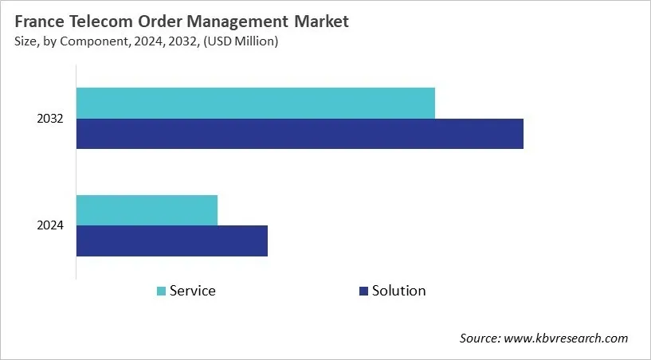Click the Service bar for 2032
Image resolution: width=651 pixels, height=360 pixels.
click(x=256, y=104)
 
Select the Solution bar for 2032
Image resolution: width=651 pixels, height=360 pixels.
click(x=300, y=134)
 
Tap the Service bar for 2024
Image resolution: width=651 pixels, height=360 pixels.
click(x=147, y=209)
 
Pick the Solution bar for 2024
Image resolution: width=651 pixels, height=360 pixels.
click(x=172, y=241)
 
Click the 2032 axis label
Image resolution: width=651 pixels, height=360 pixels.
click(x=50, y=119)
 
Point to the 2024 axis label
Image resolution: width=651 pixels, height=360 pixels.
click(x=50, y=225)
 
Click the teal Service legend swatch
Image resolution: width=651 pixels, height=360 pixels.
click(x=161, y=292)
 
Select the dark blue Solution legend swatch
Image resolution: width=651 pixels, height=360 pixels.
click(x=363, y=292)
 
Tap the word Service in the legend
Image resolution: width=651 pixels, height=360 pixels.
click(x=193, y=291)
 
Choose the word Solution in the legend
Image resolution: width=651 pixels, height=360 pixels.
click(x=398, y=291)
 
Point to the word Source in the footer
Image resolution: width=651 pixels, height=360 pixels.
click(x=479, y=338)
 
